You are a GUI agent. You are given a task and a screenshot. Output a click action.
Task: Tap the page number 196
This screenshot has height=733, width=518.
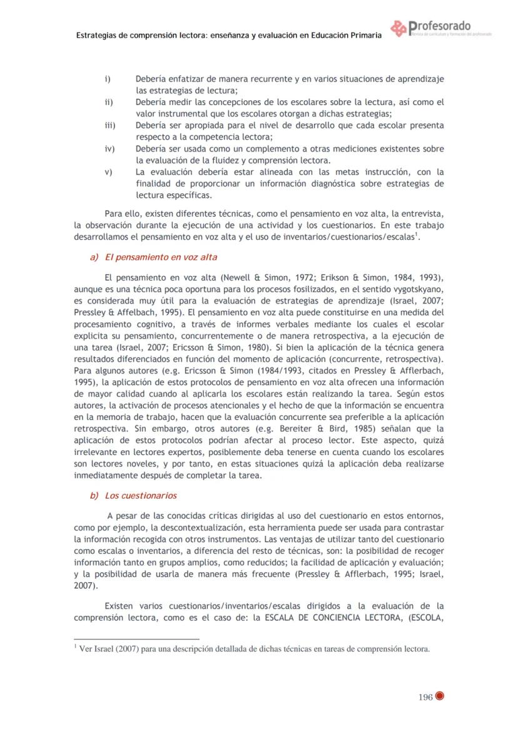tap(425, 699)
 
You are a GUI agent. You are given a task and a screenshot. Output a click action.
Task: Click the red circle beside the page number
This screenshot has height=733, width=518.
tap(440, 699)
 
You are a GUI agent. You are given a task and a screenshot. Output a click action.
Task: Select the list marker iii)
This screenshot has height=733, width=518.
tap(110, 125)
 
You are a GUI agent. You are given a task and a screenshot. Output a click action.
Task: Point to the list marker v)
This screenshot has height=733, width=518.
tap(108, 172)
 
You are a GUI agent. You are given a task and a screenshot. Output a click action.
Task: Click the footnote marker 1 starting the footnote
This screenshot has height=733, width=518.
tap(75, 646)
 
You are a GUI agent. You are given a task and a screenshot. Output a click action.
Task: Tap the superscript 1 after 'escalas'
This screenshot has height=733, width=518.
tap(417, 235)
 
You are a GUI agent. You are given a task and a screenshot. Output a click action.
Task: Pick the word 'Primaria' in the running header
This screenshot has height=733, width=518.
tap(363, 36)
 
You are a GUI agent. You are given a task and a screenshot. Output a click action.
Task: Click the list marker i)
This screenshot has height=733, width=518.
tap(107, 79)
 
